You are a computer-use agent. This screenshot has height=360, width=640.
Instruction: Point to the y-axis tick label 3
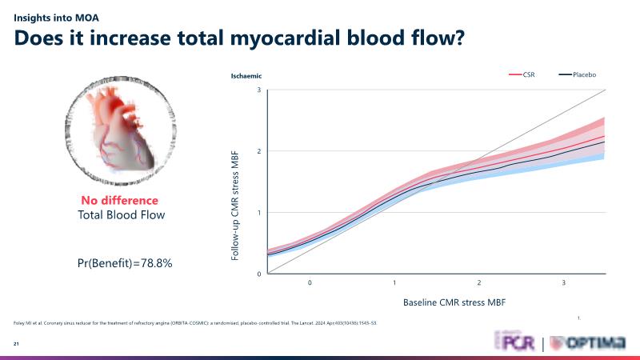258,90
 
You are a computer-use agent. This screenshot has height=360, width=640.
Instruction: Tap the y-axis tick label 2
258,151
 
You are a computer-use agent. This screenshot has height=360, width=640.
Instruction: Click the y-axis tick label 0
258,274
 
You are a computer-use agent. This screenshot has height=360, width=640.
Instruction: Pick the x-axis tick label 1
394,284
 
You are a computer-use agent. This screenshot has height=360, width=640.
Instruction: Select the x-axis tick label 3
563,284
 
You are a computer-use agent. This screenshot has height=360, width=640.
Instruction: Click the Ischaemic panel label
246,76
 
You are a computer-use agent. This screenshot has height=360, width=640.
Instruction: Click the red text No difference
119,201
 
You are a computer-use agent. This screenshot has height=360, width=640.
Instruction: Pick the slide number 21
16,344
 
